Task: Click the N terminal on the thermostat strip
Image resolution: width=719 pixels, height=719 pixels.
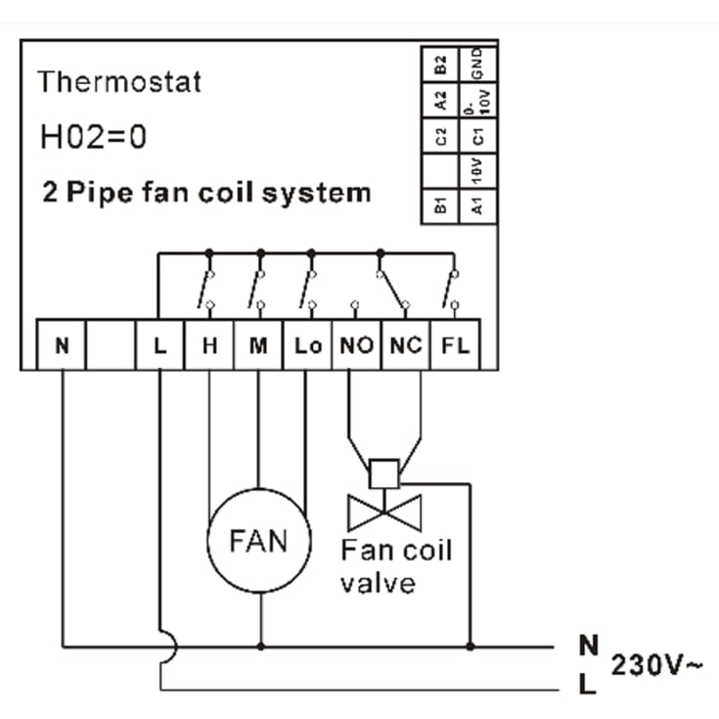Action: click(x=61, y=344)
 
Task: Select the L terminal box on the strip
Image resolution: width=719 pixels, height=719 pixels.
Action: click(x=159, y=344)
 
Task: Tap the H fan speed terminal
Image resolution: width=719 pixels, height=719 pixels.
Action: click(x=209, y=344)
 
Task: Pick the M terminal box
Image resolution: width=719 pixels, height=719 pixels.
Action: click(x=258, y=344)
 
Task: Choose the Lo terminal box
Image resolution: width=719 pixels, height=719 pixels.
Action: click(x=308, y=344)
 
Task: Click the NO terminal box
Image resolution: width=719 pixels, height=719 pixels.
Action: click(x=357, y=344)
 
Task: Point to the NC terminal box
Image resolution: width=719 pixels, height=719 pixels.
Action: click(x=406, y=344)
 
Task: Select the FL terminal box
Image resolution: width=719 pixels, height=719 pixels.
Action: click(x=455, y=344)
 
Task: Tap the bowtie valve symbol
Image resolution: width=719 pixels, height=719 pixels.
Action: click(x=384, y=513)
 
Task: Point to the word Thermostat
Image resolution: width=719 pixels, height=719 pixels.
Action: click(x=119, y=81)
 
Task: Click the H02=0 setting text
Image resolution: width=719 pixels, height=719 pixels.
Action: click(x=94, y=137)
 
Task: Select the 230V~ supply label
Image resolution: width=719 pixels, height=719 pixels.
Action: click(x=656, y=664)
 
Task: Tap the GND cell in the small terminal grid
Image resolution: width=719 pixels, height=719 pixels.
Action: click(x=477, y=65)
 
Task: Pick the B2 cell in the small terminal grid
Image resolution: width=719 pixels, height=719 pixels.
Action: click(x=440, y=65)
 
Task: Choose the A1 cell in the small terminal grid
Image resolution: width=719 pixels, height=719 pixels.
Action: click(x=477, y=206)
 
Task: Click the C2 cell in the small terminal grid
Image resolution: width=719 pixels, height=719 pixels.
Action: click(x=440, y=136)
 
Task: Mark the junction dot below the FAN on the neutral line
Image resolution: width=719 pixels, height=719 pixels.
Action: click(x=261, y=647)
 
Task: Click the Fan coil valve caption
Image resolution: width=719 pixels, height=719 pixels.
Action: click(x=396, y=566)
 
